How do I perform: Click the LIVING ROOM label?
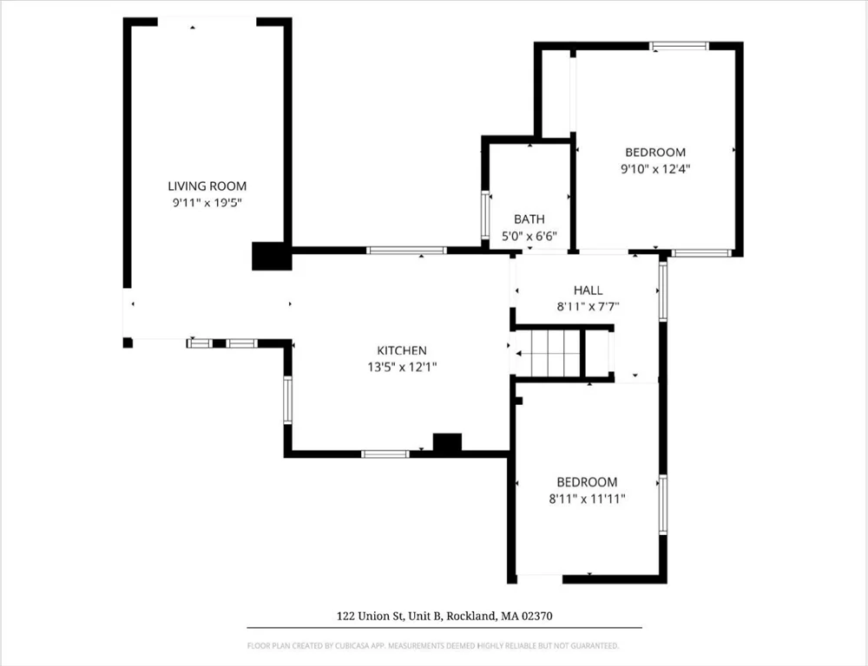tap(207, 186)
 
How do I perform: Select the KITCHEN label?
tap(402, 350)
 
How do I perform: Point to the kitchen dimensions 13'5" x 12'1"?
tap(402, 367)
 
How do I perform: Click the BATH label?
tap(529, 219)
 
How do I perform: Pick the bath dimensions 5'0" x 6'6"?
tap(529, 236)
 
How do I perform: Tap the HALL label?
tap(588, 290)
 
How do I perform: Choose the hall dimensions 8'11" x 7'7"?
tap(588, 306)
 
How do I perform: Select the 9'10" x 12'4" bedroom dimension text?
tap(654, 169)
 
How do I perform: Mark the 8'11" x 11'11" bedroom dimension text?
tap(587, 499)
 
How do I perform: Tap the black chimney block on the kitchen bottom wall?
tap(447, 443)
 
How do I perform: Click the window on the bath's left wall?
tap(485, 215)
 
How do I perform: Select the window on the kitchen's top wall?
tap(406, 251)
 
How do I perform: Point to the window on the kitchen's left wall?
tap(287, 400)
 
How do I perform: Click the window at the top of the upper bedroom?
tap(680, 46)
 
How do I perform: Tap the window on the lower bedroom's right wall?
tap(662, 504)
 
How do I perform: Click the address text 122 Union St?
tap(444, 617)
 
